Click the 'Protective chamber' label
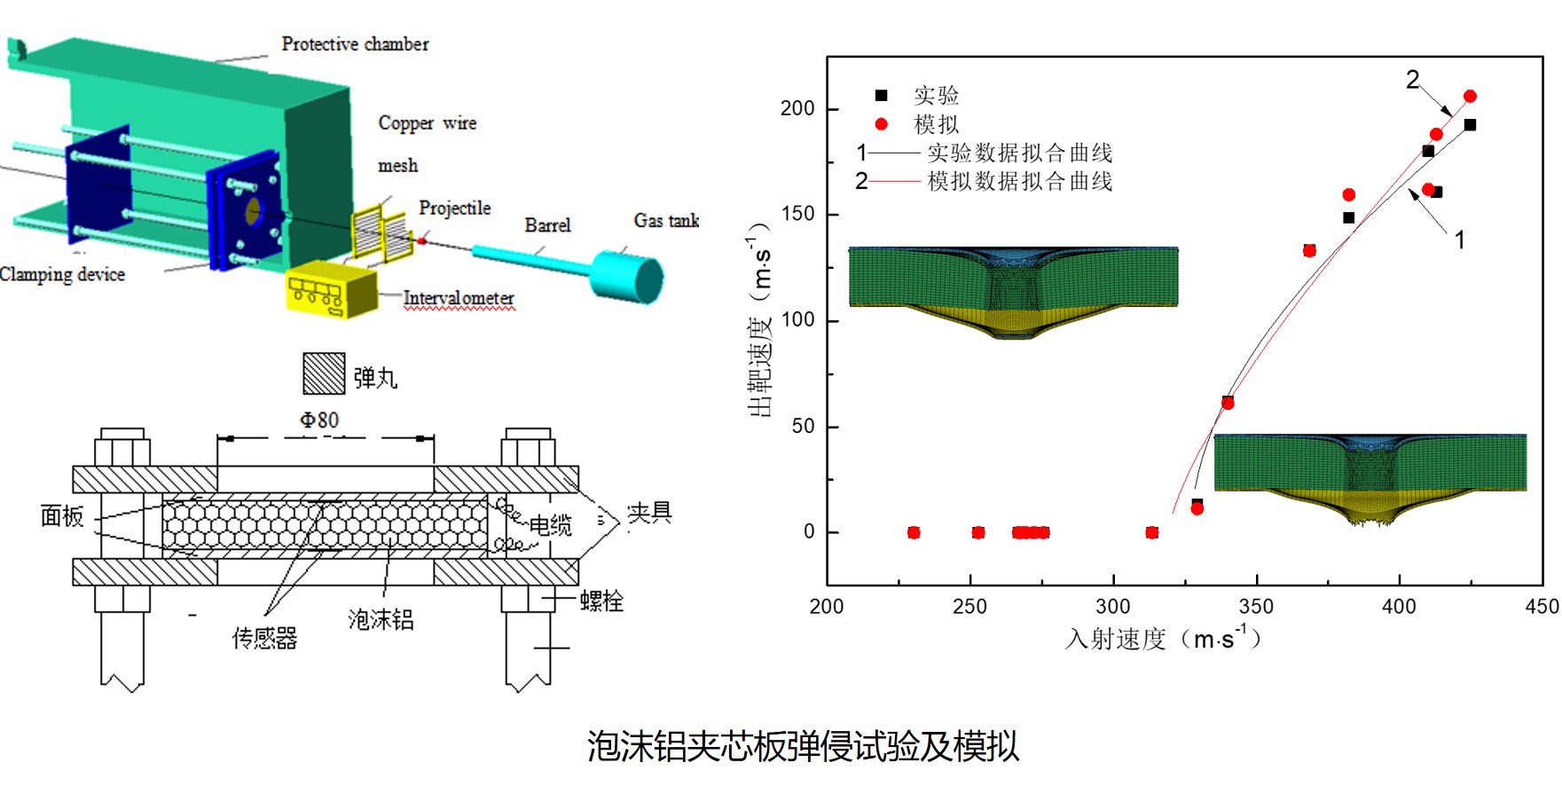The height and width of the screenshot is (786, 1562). pos(355,43)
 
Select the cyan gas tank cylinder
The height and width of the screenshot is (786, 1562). pos(628,277)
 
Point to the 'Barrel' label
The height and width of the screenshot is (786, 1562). pos(547,225)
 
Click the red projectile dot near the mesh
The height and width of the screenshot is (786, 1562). pos(422,240)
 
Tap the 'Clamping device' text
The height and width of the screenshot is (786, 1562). pos(62,274)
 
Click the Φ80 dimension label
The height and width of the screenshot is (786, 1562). pos(318,420)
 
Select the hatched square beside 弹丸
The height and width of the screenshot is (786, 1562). pos(323,373)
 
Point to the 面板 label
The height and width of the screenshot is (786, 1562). pos(62,516)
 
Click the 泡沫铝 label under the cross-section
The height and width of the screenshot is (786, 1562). pos(381,619)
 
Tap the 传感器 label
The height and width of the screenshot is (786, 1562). pos(264,638)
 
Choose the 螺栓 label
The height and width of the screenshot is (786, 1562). pos(601,601)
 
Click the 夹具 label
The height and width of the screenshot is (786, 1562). pos(649,513)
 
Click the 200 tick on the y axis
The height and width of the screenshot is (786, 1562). pos(797,108)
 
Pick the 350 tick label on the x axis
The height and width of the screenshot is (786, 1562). pos(1256,607)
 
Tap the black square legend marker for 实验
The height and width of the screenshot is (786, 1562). pos(881,96)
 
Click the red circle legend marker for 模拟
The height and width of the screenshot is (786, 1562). pos(881,124)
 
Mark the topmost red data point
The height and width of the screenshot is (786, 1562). pos(1470,96)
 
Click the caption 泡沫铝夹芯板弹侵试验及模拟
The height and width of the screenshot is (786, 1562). pos(803,746)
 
